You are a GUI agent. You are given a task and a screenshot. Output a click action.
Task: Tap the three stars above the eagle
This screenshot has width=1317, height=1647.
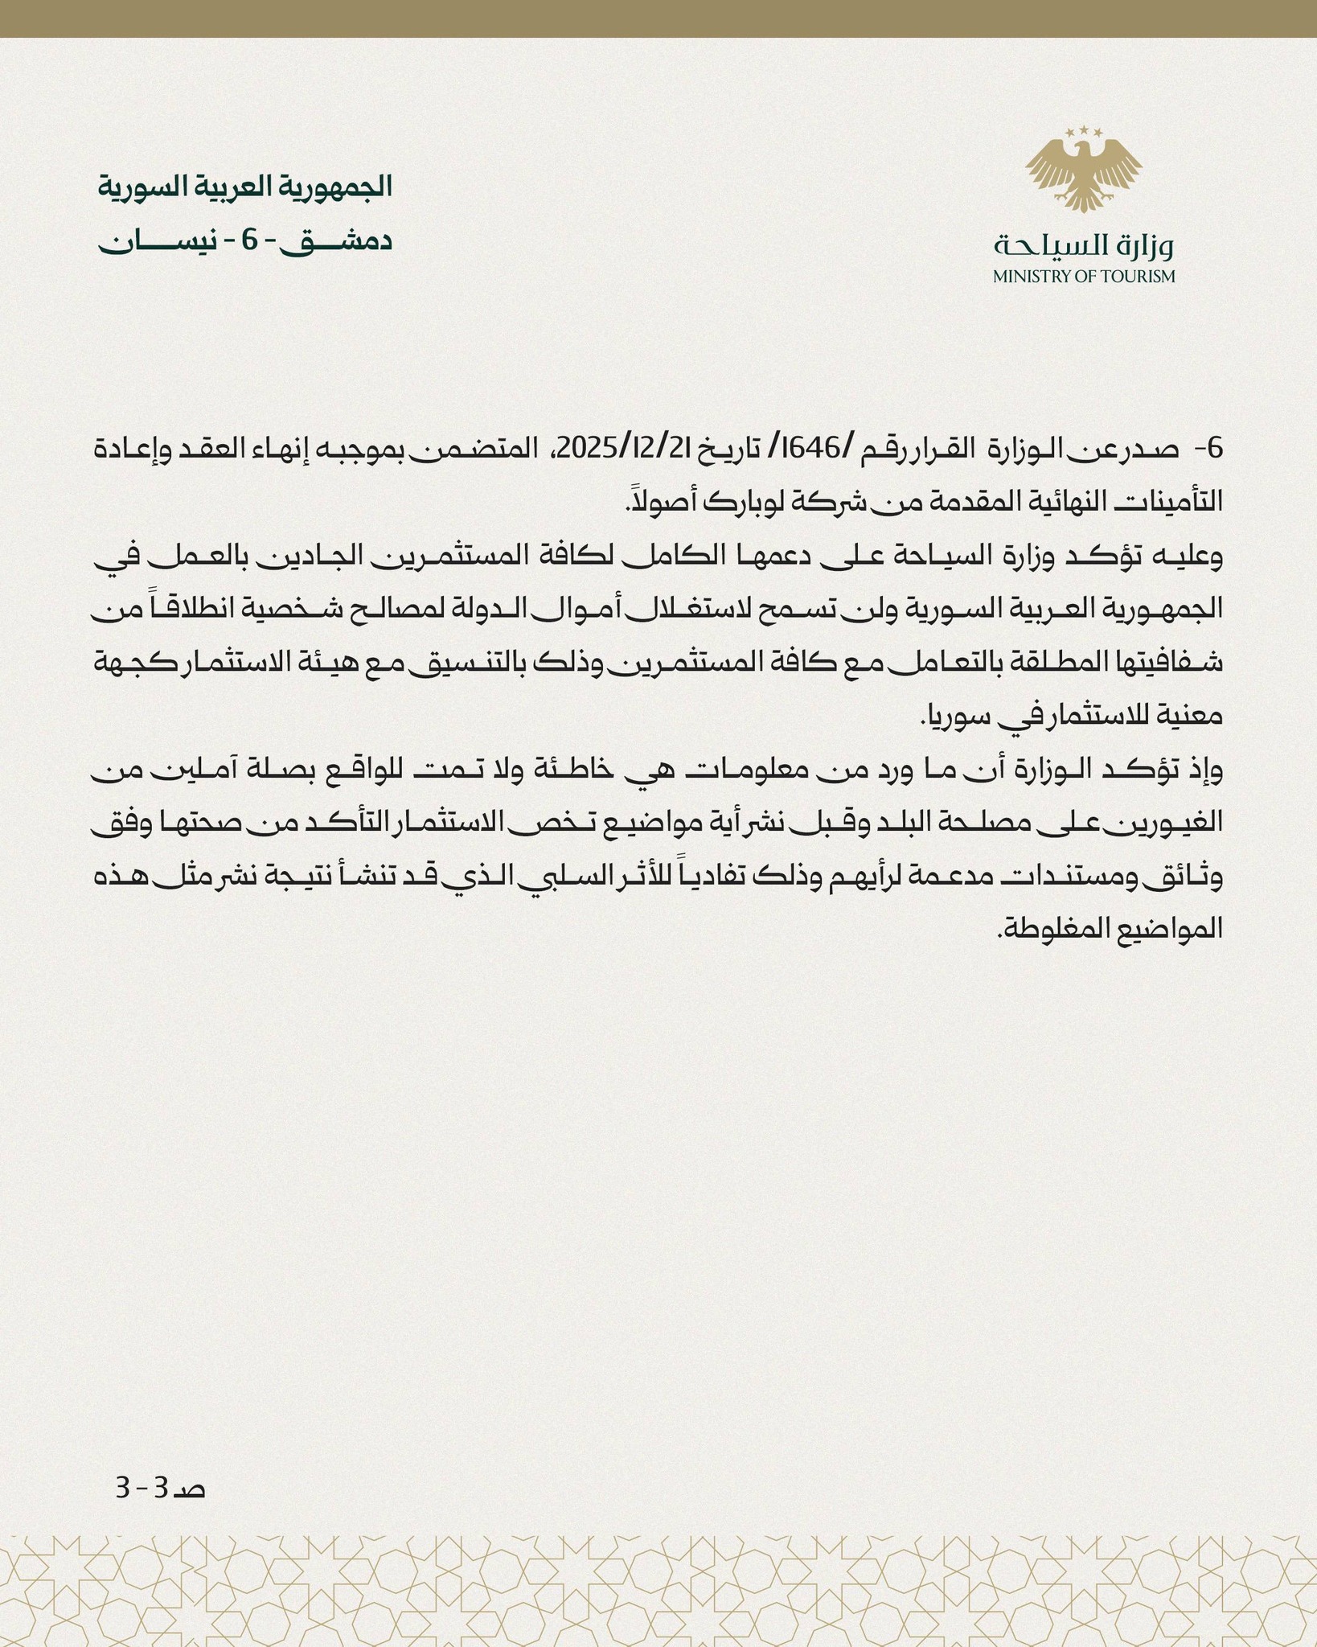point(1083,131)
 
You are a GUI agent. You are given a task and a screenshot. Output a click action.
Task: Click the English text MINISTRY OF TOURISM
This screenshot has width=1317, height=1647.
point(1083,277)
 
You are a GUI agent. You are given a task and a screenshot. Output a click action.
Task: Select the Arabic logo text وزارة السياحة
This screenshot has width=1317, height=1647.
point(1083,245)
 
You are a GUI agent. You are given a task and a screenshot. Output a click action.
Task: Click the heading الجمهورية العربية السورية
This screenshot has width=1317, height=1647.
point(245,187)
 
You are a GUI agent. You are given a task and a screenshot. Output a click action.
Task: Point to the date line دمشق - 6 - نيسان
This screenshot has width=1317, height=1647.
point(245,242)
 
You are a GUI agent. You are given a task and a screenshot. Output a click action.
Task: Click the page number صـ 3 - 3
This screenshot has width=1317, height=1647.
point(161,1488)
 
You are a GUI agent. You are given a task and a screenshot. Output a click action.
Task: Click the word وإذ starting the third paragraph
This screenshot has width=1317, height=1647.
point(1204,770)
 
